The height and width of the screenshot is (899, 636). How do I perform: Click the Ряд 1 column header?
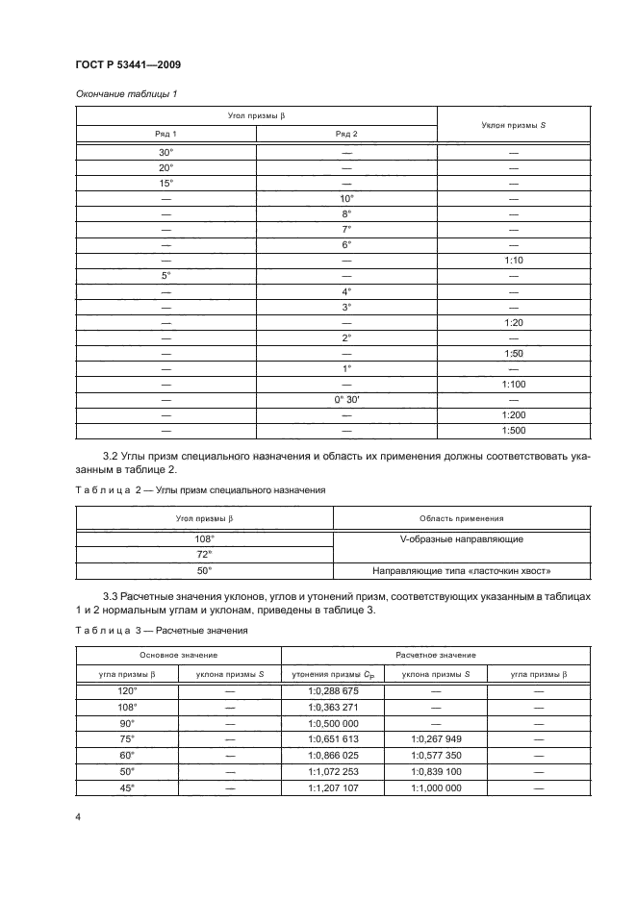tap(166, 133)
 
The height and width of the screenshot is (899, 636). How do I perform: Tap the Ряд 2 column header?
tap(346, 133)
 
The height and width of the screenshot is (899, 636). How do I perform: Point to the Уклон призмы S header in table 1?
tap(514, 125)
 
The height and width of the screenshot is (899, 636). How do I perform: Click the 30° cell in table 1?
tap(166, 152)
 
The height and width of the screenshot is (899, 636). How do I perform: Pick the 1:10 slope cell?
tap(514, 260)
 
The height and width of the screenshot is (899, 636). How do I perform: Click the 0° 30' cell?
tap(346, 399)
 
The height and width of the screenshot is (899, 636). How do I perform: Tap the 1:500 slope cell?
tap(514, 430)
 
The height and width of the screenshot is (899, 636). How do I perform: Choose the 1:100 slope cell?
tap(514, 384)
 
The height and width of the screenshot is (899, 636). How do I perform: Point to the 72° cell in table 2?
tap(204, 555)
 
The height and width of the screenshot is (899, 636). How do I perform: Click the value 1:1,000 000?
tap(436, 787)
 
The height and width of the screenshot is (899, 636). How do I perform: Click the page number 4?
tap(77, 817)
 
